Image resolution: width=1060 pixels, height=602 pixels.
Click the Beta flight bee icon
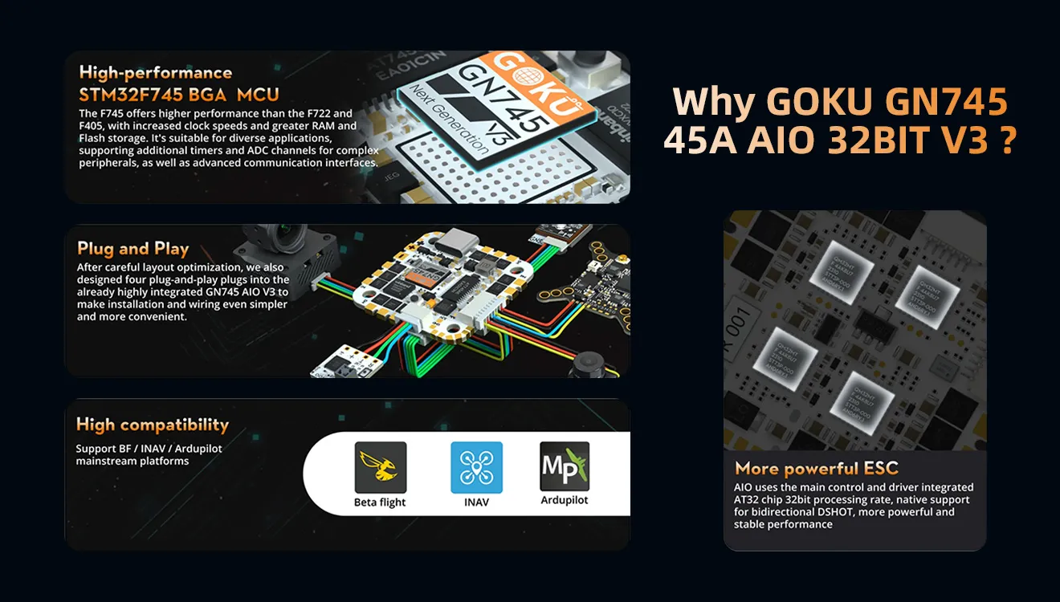380,467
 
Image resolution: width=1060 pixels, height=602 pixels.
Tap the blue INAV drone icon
476,467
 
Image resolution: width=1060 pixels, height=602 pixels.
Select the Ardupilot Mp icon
565,466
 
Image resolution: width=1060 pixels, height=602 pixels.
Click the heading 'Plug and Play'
132,248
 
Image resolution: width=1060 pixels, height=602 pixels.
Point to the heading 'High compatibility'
152,425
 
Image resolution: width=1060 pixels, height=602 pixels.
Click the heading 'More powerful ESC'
816,468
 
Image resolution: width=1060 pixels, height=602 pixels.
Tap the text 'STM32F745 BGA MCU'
179,95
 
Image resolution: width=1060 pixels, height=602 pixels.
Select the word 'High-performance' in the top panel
155,72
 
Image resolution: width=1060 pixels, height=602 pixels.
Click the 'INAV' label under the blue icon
476,502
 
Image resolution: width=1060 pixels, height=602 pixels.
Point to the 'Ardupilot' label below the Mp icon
564,500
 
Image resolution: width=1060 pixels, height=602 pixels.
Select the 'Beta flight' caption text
380,502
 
